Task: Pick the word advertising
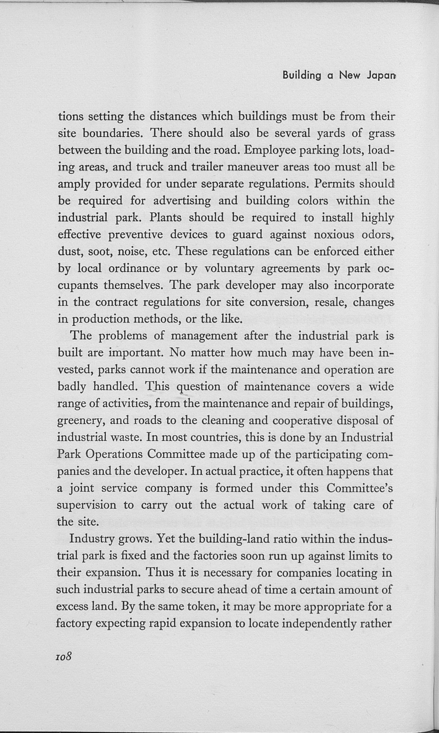click(182, 201)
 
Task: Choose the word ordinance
click(134, 269)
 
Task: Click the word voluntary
click(229, 269)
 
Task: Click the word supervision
click(86, 505)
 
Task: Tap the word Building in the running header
click(302, 76)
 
